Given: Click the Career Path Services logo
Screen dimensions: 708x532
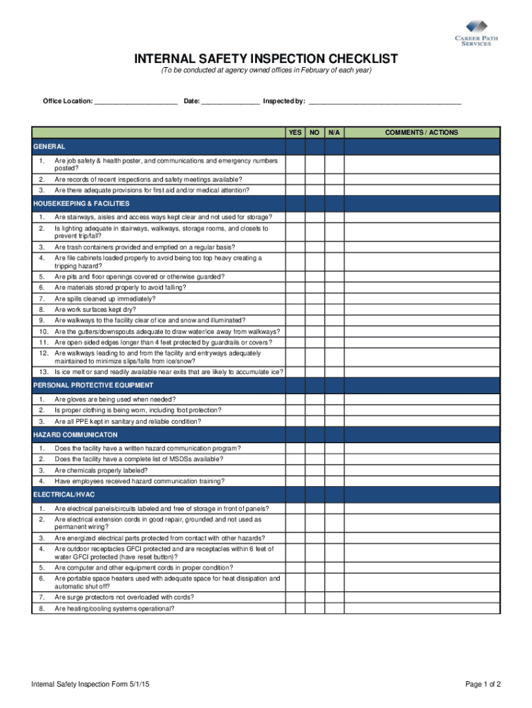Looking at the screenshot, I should click(473, 33).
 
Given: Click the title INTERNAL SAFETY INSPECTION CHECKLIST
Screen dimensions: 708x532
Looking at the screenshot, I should click(266, 59).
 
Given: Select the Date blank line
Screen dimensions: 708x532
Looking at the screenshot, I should click(231, 102).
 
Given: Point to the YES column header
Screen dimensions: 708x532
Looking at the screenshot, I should click(295, 133).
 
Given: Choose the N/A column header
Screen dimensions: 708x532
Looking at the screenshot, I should click(334, 133).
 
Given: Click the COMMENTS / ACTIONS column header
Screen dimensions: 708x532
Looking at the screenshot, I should click(421, 133).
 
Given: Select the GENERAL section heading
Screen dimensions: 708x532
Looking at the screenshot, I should click(50, 147).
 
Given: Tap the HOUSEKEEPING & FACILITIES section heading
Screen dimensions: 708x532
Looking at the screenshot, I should click(82, 203).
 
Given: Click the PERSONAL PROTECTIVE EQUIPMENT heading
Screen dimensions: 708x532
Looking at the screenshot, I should click(93, 385).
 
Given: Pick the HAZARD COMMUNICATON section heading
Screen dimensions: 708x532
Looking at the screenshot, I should click(75, 435).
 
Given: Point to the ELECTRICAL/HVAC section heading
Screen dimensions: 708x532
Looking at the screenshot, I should click(64, 495).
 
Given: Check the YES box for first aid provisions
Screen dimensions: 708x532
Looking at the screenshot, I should click(295, 190).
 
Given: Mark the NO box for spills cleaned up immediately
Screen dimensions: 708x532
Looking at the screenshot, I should click(314, 299).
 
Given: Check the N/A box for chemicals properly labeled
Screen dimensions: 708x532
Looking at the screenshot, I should click(334, 470).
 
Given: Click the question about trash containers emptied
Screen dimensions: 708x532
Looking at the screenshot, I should click(144, 247).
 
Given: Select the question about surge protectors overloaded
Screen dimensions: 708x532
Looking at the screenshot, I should click(124, 597).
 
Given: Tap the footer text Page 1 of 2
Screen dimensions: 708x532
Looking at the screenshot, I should click(483, 684).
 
